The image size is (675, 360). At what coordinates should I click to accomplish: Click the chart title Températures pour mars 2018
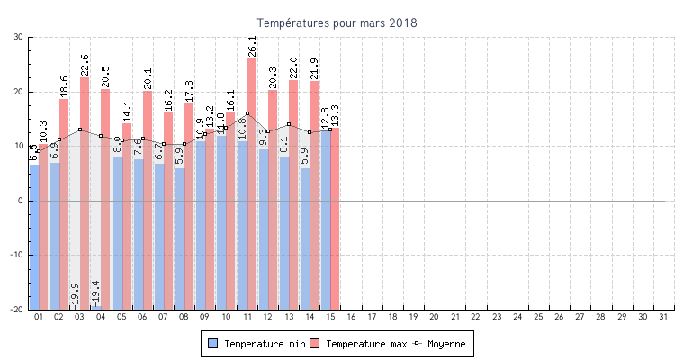[x=337, y=22]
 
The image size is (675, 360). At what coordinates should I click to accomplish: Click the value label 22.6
[x=85, y=65]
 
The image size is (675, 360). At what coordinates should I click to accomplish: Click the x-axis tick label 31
[x=663, y=317]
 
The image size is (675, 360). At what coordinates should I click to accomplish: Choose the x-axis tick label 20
[x=434, y=317]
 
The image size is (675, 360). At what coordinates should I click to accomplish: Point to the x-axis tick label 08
[x=184, y=317]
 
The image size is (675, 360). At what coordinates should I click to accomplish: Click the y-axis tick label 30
[x=18, y=37]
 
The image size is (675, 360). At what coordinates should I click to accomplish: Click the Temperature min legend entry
[x=255, y=344]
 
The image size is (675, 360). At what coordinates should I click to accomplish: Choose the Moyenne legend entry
[x=440, y=344]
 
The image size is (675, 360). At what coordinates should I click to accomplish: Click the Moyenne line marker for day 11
[x=247, y=113]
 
